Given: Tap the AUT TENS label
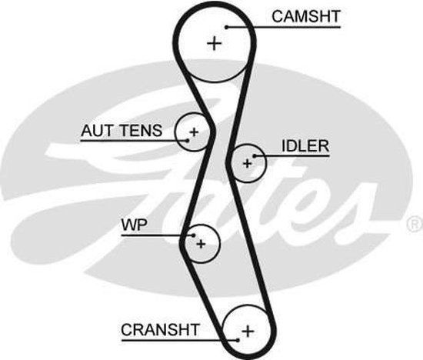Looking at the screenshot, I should (x=122, y=131).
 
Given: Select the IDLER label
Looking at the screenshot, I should (x=305, y=145).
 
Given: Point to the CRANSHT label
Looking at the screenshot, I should (x=160, y=330).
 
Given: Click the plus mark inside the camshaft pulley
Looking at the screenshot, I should (x=214, y=44).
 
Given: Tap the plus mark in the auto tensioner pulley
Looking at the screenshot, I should (x=194, y=132).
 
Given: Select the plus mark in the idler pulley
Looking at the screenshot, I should (x=247, y=162).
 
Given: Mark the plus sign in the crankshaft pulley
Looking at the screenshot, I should (x=248, y=331).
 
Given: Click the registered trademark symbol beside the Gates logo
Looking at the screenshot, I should (x=415, y=224).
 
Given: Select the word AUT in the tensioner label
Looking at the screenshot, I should (x=96, y=131).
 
